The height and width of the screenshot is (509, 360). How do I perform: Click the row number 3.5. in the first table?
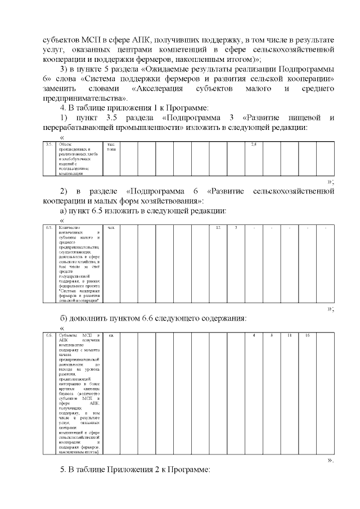coord(49,145)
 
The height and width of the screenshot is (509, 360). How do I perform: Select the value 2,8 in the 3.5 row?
coord(253,145)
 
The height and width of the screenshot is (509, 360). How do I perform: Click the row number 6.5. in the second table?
coord(49,228)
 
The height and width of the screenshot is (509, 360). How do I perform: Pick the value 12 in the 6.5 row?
coord(218,228)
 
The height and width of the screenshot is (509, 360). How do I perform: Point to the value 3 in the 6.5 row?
coord(236,228)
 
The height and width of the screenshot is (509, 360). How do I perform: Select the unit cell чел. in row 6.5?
coord(111,228)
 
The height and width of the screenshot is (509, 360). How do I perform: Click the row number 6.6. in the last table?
coord(49,336)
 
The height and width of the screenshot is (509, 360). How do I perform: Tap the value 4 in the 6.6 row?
coord(254,336)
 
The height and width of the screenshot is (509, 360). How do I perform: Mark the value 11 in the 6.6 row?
coord(289,336)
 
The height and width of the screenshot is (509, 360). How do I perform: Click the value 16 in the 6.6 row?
coord(307,336)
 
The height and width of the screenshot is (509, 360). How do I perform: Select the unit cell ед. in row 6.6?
coord(111,336)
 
